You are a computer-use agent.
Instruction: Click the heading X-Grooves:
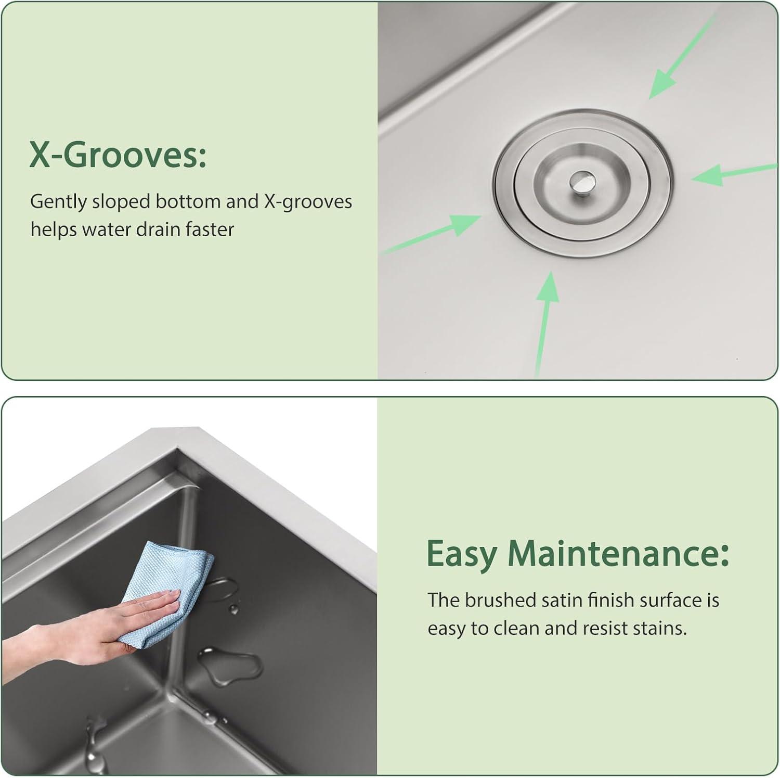(x=118, y=155)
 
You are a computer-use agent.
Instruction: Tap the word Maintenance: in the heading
(x=618, y=554)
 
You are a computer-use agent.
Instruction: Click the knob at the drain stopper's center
(x=581, y=181)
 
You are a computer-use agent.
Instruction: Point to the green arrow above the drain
(x=683, y=56)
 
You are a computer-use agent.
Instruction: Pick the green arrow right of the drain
(x=734, y=174)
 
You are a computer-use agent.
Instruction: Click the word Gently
(x=59, y=202)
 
